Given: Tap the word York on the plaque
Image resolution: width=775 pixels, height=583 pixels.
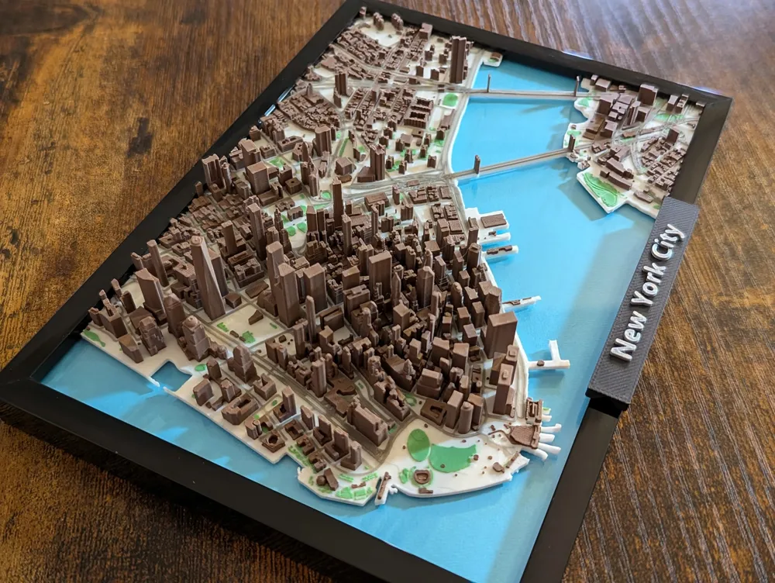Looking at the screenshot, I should click(x=649, y=286).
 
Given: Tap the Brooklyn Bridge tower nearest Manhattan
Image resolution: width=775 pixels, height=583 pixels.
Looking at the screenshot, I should click(x=477, y=165).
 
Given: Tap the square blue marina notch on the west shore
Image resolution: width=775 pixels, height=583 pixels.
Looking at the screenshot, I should click(x=167, y=375).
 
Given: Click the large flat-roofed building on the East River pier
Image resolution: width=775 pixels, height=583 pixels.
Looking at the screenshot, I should click(x=493, y=221).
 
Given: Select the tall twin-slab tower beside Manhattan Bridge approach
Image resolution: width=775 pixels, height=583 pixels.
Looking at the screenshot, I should click(x=457, y=59).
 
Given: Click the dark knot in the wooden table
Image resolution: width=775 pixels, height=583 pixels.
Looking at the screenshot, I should click(x=140, y=140).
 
